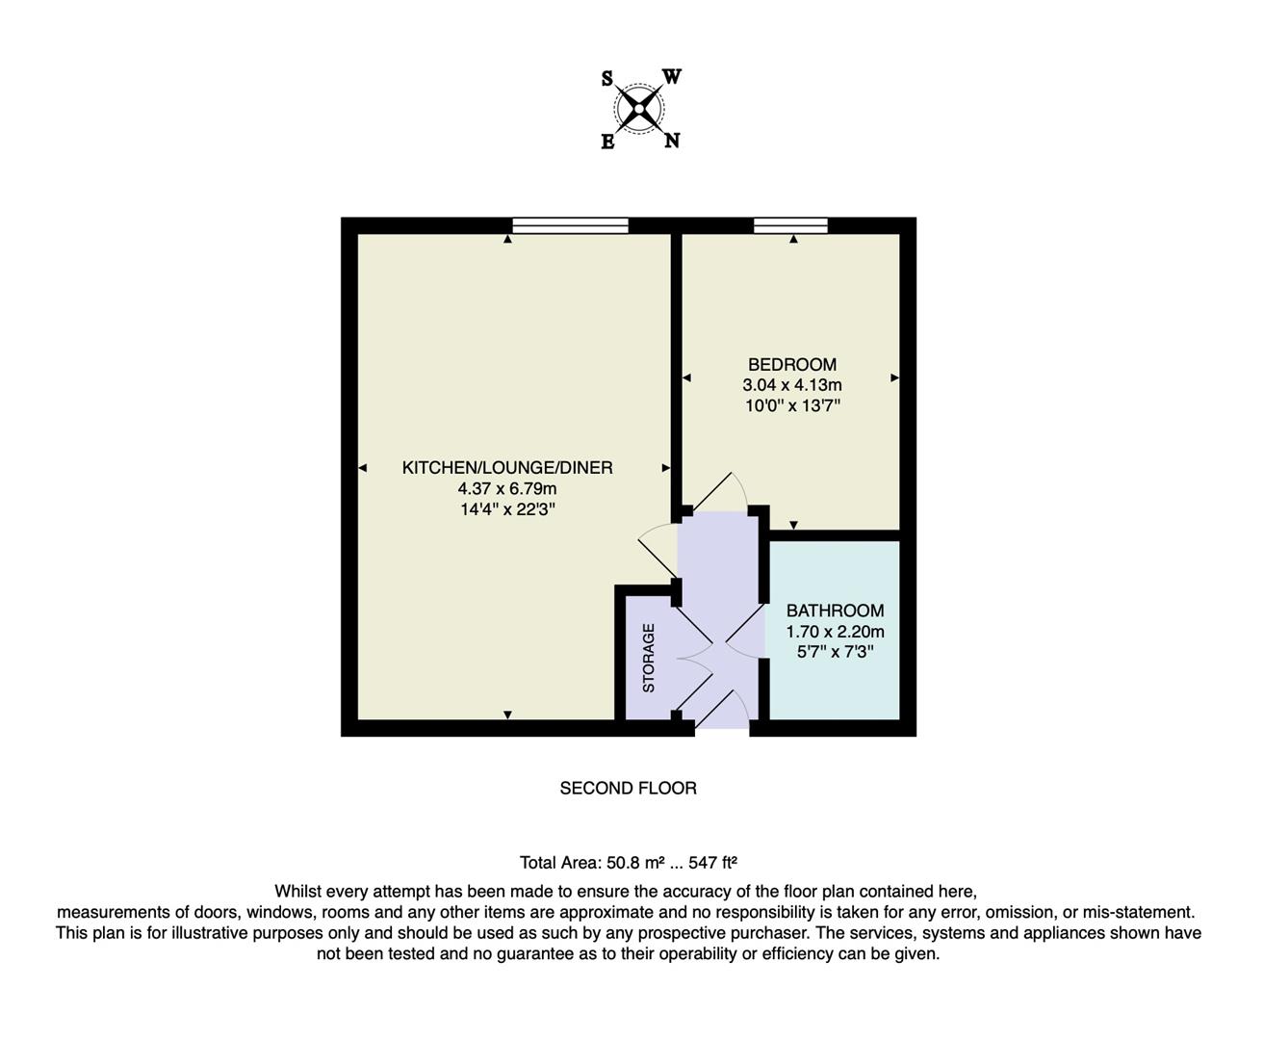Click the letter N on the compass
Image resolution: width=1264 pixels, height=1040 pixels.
(672, 142)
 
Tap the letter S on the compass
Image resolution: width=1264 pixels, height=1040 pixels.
(607, 79)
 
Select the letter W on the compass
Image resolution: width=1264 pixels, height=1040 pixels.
(673, 77)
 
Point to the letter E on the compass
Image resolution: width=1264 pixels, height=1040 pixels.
(607, 143)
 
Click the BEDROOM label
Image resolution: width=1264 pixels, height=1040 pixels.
(792, 364)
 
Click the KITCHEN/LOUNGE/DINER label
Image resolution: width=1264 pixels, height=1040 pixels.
(507, 468)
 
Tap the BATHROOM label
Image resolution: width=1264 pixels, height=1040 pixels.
(835, 611)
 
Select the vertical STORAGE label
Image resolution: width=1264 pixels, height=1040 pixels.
(649, 658)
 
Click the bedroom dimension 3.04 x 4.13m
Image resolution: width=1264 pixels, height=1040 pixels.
(792, 385)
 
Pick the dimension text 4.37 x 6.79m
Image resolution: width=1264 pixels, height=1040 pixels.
(507, 489)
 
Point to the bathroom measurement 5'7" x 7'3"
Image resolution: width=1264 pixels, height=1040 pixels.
(835, 652)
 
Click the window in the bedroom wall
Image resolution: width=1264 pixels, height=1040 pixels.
(790, 226)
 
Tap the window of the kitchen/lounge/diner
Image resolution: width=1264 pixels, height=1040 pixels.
(570, 226)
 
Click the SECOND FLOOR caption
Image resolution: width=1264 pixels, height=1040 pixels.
(628, 788)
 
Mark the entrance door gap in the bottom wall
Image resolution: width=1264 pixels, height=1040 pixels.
(722, 729)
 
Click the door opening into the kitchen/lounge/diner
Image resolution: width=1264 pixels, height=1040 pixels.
(658, 551)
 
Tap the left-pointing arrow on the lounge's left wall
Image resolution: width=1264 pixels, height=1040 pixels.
(363, 468)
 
